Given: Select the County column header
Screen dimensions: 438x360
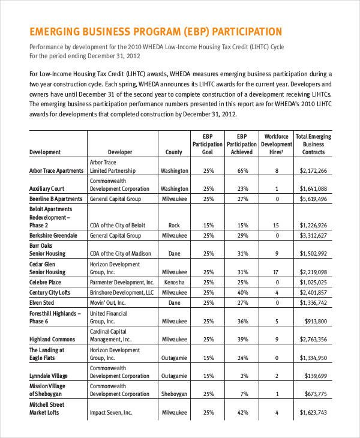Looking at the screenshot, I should pos(173,152).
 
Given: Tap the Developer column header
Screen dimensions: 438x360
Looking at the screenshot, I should pos(120,152).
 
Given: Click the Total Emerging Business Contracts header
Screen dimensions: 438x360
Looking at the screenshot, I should pos(313,144).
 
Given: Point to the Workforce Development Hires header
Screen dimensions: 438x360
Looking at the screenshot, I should pos(277,144).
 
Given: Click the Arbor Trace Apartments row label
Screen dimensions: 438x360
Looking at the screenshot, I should pos(56,170).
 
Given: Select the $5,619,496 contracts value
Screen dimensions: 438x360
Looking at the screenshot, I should pos(313,199).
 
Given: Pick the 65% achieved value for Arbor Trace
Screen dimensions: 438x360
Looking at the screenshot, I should pos(242,170).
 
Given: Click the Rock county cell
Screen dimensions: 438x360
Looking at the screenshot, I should pos(174,226).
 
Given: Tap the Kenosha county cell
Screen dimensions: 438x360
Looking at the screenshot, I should pos(174,282).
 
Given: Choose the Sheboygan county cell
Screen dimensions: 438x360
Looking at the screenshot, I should pos(174,394).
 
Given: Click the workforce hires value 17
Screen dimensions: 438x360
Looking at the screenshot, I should pos(277,272).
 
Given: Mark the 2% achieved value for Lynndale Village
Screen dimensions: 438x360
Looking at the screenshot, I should pos(242,376).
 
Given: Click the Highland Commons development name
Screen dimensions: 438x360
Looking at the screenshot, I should pos(52,340).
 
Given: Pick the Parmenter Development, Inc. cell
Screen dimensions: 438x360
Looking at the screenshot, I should pos(122,282).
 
